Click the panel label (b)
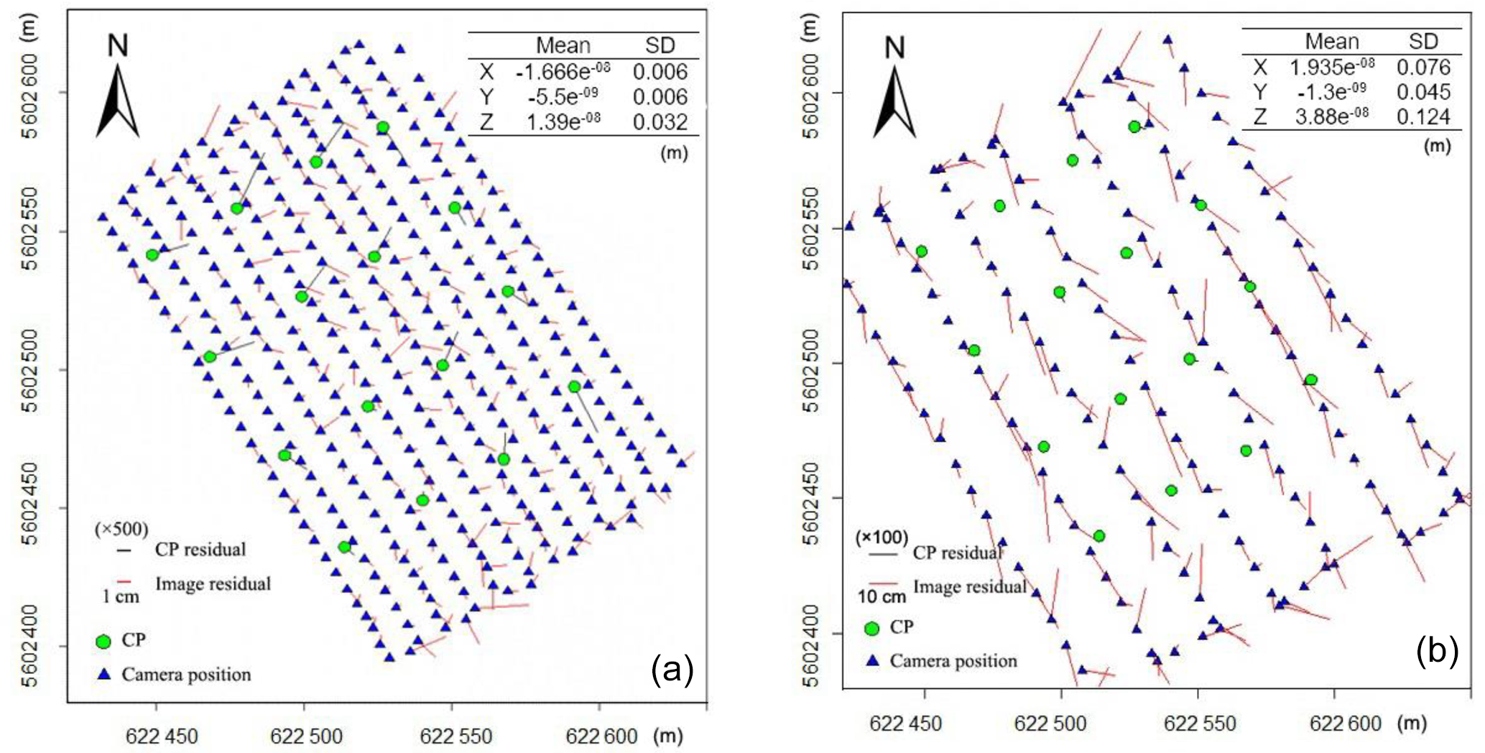click(x=1437, y=651)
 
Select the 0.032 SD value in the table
click(x=660, y=122)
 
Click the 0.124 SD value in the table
click(x=1423, y=117)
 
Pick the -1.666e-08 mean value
click(x=563, y=71)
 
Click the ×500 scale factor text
click(x=121, y=530)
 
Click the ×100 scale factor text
click(x=882, y=537)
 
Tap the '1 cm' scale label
click(x=121, y=596)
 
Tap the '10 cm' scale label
click(x=882, y=596)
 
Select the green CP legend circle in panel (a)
click(x=104, y=641)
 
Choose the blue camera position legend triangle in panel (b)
click(x=873, y=660)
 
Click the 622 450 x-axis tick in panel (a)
click(x=162, y=736)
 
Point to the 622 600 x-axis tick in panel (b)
click(x=1345, y=723)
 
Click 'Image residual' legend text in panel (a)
click(x=213, y=583)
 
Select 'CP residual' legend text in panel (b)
click(x=958, y=553)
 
